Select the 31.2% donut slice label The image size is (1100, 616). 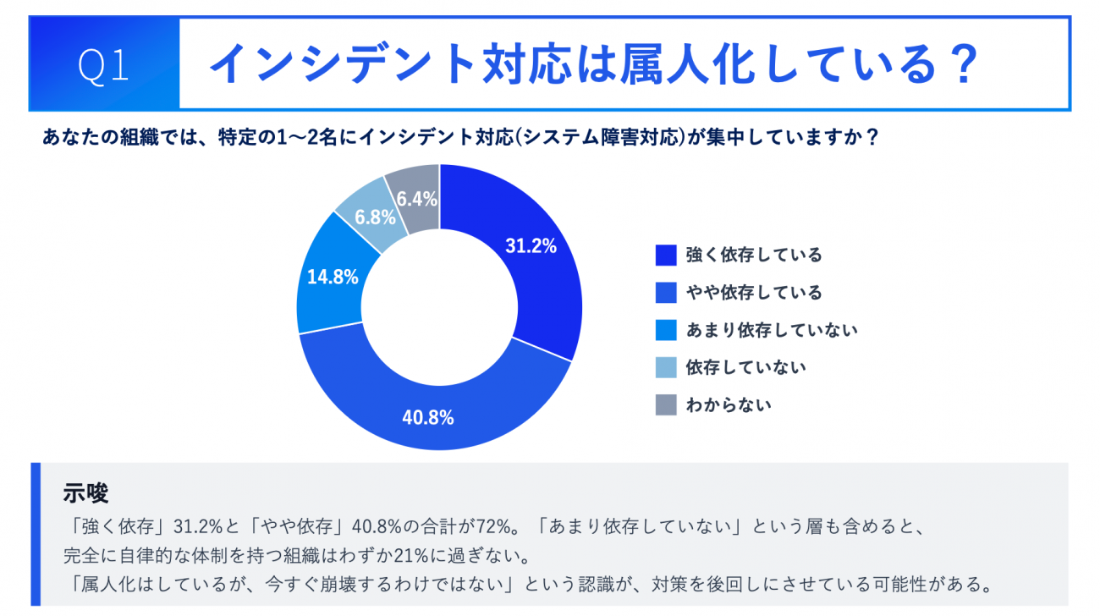coord(531,246)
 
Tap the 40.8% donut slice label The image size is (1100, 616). coord(429,417)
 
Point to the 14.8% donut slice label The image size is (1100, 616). coord(333,277)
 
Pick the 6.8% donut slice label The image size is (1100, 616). coord(376,217)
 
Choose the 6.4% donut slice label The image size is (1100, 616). coord(416,200)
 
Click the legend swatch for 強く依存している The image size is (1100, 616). coord(666,256)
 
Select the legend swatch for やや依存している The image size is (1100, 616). coord(666,293)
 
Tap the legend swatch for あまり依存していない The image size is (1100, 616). coord(666,330)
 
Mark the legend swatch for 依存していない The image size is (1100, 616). coord(666,367)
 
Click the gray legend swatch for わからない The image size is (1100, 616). coord(666,404)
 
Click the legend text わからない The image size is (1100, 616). coord(729,404)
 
